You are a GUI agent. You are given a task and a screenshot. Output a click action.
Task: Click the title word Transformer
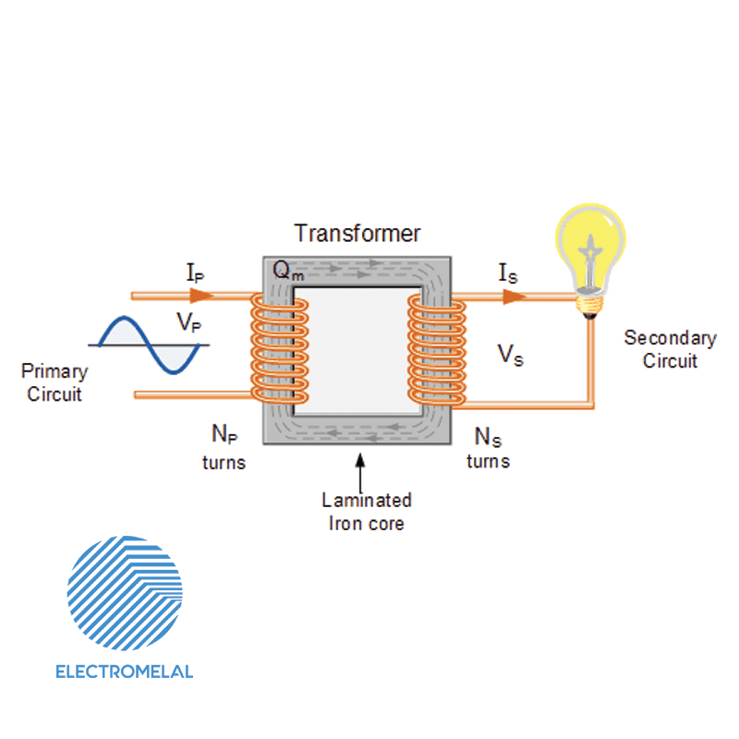tap(357, 233)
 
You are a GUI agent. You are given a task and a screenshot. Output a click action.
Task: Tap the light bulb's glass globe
tap(588, 242)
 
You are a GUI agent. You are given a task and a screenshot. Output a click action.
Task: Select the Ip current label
tap(196, 273)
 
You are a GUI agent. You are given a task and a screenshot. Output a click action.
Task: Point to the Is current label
tap(507, 273)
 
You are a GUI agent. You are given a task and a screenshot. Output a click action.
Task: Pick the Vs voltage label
tap(510, 355)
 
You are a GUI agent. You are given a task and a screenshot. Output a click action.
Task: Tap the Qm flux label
tap(285, 270)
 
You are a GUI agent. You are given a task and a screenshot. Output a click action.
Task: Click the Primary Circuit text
tap(55, 382)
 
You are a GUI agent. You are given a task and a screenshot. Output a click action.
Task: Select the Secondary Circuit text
tap(670, 349)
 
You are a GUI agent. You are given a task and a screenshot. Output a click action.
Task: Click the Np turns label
tap(224, 446)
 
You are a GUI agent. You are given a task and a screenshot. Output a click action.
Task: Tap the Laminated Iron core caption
tap(367, 512)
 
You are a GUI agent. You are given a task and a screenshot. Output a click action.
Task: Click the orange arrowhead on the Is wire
tap(515, 296)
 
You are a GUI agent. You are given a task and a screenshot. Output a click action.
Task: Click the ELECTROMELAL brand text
tap(125, 672)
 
